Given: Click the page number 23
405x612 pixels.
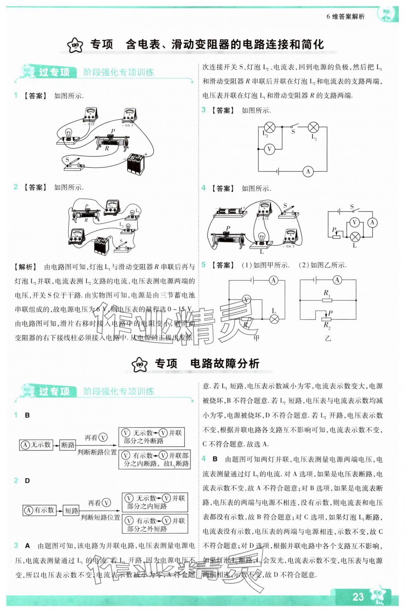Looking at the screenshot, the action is (x=358, y=597).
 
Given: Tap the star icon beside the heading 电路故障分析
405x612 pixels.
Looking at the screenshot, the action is (x=140, y=364).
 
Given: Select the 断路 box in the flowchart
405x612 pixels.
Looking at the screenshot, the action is (x=68, y=445).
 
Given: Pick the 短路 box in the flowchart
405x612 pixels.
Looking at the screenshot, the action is (x=71, y=511).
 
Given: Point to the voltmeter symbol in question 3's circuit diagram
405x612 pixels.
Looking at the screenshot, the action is (x=269, y=149).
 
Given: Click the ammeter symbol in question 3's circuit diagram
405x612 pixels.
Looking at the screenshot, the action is (x=308, y=171).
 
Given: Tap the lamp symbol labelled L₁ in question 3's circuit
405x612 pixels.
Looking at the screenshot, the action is (x=313, y=127).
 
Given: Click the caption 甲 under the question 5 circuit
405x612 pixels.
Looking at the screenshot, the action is (x=256, y=338).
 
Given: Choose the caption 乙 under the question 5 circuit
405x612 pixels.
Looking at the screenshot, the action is (x=328, y=338).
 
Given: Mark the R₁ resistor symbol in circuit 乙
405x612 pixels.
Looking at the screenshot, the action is (x=327, y=300).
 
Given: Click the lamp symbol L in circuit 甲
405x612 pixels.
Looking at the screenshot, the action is (x=274, y=319).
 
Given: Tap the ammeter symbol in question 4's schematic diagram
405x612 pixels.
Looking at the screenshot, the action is (x=372, y=222).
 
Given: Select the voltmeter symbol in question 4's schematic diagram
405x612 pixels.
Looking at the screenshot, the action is (x=354, y=222).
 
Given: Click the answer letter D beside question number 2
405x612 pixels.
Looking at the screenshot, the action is (x=27, y=481).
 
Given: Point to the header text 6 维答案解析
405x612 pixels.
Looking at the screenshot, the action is (x=345, y=17).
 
